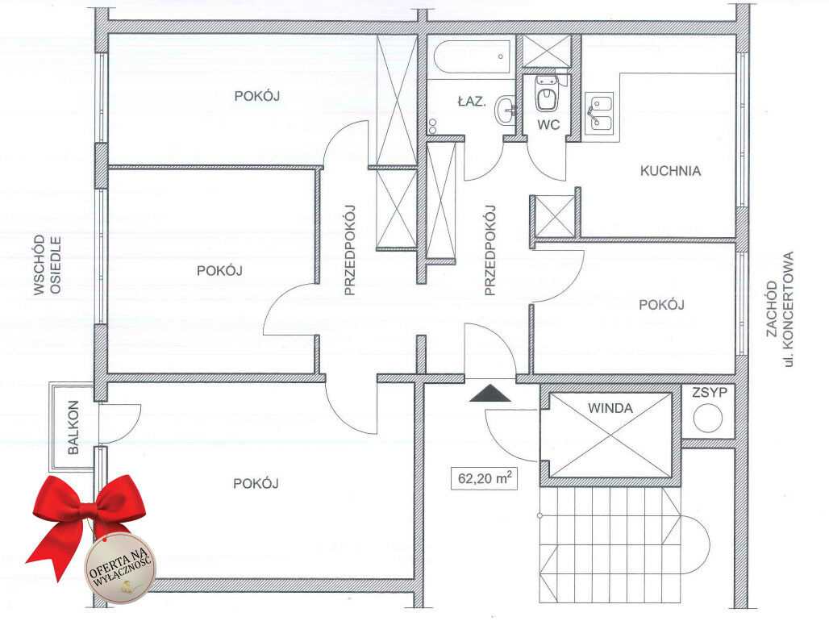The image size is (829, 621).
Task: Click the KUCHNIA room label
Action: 670,171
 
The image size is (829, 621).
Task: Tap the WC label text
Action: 548,125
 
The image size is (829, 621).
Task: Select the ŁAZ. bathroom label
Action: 472,101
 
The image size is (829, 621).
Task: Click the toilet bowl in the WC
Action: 546,94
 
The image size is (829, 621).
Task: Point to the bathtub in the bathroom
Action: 472,56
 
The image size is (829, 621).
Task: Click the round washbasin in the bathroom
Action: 506,110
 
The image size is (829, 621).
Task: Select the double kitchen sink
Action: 599,112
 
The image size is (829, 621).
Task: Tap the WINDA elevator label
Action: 610,408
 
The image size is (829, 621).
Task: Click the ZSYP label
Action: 710,393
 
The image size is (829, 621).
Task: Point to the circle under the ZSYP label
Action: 708,418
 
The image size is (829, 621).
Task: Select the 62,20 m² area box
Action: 484,478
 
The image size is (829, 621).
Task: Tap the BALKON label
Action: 73,427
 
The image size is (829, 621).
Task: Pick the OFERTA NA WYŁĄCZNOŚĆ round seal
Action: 120,569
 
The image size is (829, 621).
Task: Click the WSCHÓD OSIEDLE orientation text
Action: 47,265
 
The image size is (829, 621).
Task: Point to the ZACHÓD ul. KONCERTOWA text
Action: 780,309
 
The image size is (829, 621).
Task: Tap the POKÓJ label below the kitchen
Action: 661,305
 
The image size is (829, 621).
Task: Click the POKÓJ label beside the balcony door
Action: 256,483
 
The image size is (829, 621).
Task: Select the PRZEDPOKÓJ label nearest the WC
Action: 490,250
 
